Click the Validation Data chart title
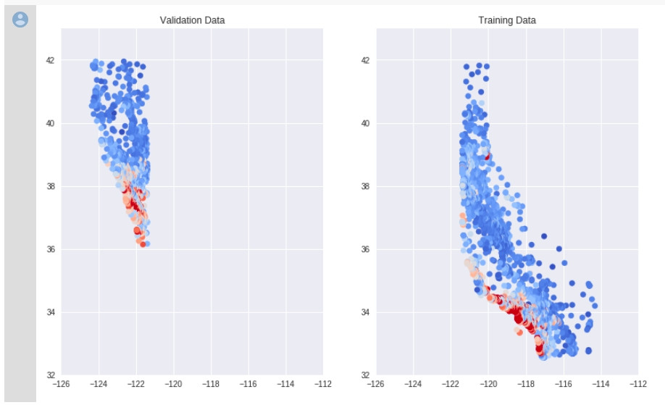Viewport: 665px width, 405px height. [192, 20]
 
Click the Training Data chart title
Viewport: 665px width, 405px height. [507, 20]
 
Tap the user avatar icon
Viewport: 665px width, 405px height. [20, 20]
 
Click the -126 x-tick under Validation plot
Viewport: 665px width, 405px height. [62, 385]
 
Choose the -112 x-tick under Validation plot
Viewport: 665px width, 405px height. [323, 385]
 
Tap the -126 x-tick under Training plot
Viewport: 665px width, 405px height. [376, 385]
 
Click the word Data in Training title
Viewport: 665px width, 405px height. [526, 20]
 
